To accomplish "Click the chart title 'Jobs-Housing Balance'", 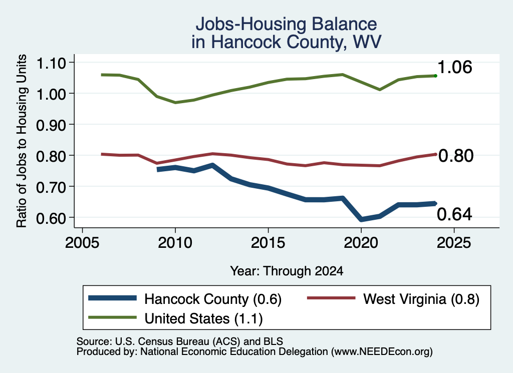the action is click(x=286, y=24).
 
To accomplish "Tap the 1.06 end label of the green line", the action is click(x=455, y=67).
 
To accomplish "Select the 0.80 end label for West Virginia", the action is click(x=456, y=156).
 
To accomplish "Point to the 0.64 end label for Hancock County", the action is click(x=454, y=214).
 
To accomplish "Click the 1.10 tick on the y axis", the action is click(x=51, y=63).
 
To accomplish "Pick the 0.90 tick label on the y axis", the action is click(x=51, y=125).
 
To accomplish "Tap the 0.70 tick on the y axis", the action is click(x=51, y=187).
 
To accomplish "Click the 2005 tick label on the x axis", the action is click(x=82, y=242).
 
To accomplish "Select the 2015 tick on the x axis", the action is click(x=268, y=242).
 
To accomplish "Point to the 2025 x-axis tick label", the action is click(x=454, y=242).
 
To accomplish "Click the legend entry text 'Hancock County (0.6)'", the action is click(x=213, y=299).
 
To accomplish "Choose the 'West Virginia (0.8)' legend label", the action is click(x=421, y=299).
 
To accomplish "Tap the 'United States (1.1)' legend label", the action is click(x=203, y=318).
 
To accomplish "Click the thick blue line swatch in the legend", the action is click(x=112, y=298).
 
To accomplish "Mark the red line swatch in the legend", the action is click(x=331, y=298).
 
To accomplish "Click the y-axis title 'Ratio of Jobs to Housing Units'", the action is click(x=22, y=141).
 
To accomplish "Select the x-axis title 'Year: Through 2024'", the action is click(x=287, y=271).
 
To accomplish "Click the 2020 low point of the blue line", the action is click(x=361, y=219).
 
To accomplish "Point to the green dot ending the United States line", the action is click(x=435, y=76).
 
